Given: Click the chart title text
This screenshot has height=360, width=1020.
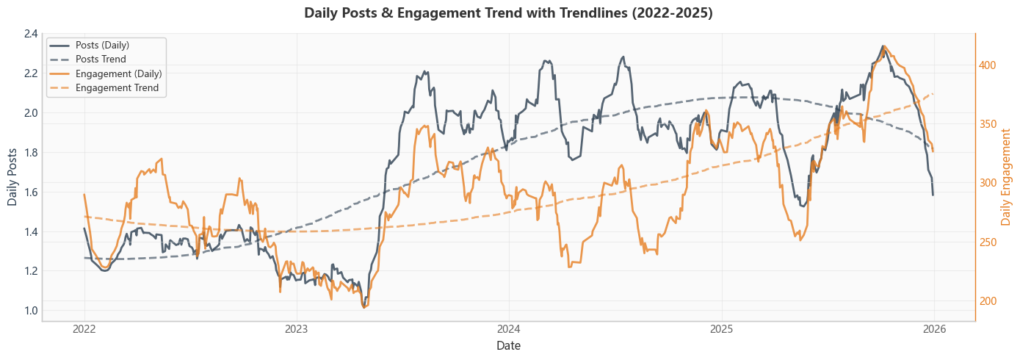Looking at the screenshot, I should pos(508,13).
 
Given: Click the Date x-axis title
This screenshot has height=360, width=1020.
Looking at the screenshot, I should pos(508,345).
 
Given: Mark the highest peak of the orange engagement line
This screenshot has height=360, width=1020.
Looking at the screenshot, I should pos(884,46).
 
